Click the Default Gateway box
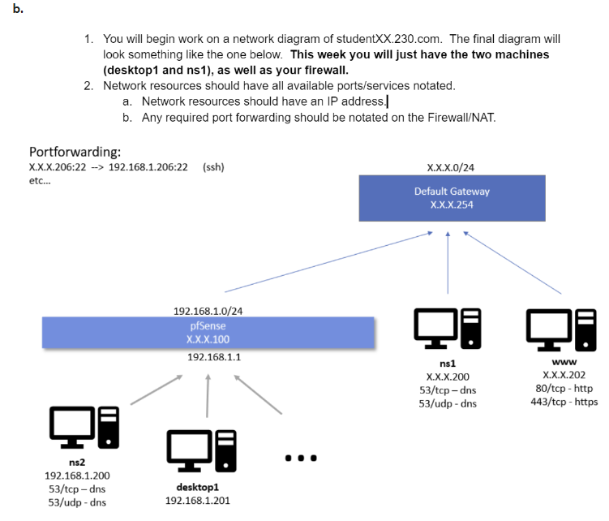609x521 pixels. point(452,199)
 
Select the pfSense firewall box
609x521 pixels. point(208,333)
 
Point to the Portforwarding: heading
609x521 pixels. point(75,152)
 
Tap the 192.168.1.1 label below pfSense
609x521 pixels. point(208,357)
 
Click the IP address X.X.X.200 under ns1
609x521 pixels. point(447,377)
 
